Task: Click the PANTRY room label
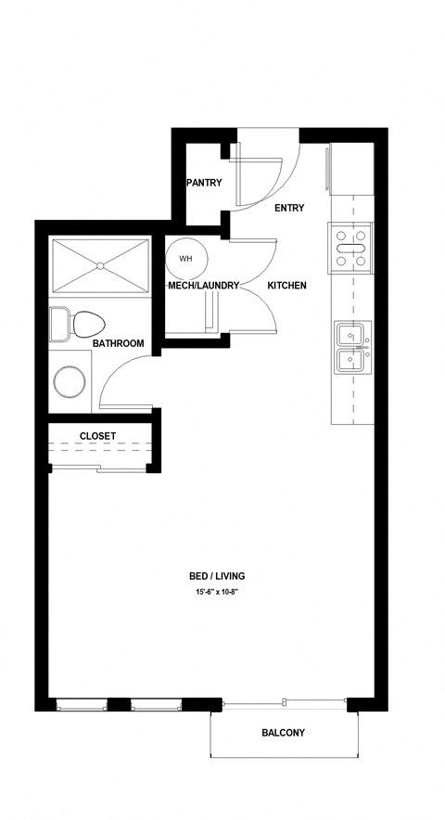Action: click(x=204, y=183)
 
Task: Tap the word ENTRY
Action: click(x=289, y=208)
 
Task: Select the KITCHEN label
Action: click(x=286, y=286)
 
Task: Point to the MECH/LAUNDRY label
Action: click(x=204, y=286)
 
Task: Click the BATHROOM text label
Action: click(x=118, y=344)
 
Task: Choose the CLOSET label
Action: click(x=97, y=435)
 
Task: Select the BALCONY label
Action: click(x=282, y=733)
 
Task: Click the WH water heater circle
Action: click(x=185, y=259)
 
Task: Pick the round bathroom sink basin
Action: click(x=70, y=380)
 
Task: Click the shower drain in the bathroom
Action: click(x=99, y=266)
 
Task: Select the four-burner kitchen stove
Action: click(x=350, y=248)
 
